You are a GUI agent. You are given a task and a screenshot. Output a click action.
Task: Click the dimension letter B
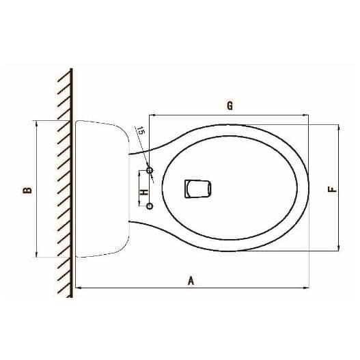(x=27, y=189)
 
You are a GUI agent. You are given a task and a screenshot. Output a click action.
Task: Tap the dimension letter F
(x=331, y=189)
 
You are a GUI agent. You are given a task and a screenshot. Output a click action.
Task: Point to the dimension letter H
(x=144, y=193)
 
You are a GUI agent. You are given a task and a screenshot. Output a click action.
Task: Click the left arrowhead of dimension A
(x=77, y=288)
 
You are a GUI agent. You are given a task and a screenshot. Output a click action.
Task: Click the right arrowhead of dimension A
(x=308, y=288)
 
